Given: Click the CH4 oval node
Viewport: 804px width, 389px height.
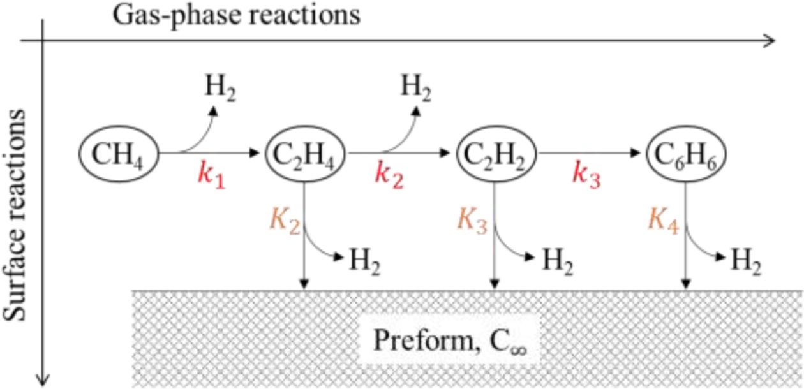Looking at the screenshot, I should point(117,154).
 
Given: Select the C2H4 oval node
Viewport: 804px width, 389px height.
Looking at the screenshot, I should point(306,154).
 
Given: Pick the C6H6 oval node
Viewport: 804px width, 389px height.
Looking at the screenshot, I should point(686,154).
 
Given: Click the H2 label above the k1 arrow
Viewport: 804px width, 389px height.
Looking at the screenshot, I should point(220,87).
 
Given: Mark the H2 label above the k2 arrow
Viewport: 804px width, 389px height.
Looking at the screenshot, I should point(415,87).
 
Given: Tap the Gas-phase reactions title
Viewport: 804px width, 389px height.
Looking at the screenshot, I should point(236,15).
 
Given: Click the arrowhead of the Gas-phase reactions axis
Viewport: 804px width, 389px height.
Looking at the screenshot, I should point(770,41).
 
